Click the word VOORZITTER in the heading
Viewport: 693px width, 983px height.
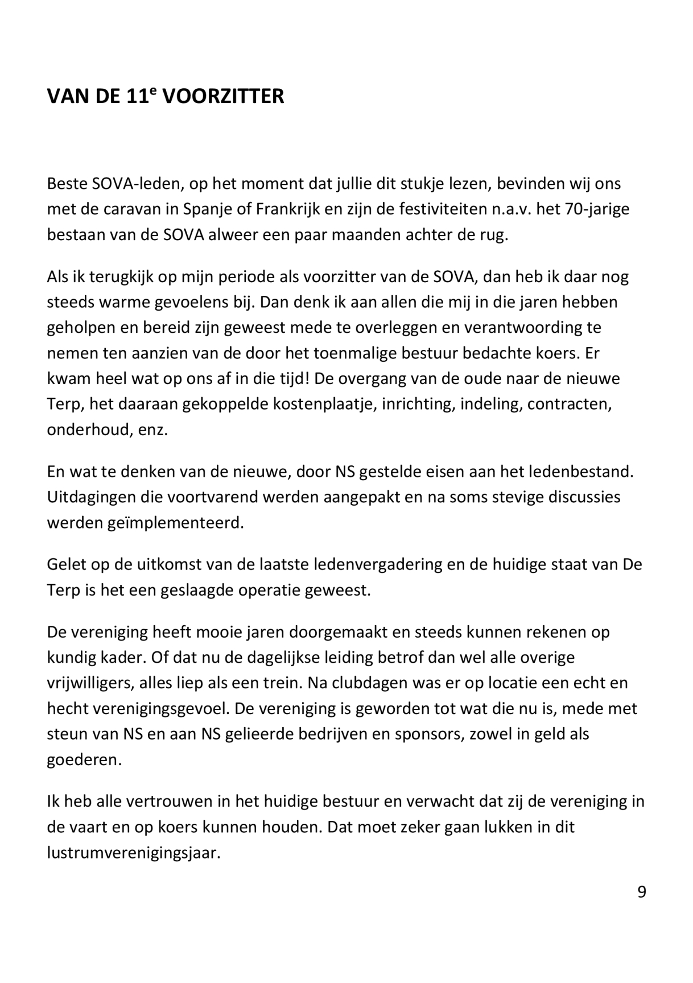click(x=223, y=97)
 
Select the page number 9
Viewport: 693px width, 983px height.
click(x=641, y=892)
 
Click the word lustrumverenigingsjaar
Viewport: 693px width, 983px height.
click(x=133, y=853)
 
